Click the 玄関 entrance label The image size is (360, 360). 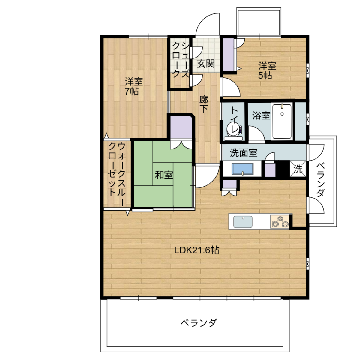point(206,64)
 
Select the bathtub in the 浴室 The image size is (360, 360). point(282,121)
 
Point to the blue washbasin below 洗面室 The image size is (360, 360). point(242,169)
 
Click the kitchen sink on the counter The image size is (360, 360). point(243,222)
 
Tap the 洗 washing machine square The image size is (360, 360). point(298,169)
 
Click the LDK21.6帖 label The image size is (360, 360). point(197,250)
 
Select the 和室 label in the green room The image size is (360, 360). point(164,175)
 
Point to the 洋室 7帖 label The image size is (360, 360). point(134,86)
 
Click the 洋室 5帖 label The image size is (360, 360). point(267,70)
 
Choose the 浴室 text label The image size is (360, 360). point(261,115)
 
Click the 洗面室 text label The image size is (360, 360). point(244,153)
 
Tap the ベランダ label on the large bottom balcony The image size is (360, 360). point(199,322)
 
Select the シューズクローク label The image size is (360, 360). point(181,60)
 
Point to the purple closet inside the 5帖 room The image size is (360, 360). point(229,55)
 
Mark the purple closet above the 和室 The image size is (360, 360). point(181,127)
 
